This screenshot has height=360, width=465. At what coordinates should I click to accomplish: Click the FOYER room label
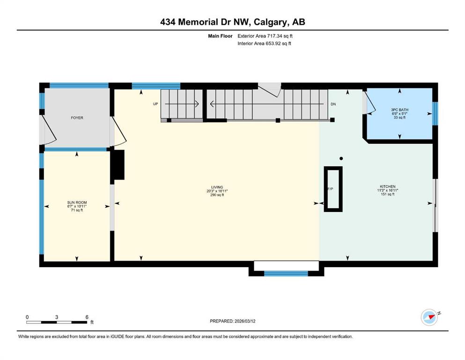pos(77,118)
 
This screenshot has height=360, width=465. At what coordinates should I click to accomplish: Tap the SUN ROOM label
pos(77,202)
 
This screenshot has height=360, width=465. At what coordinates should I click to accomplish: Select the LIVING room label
pos(217,187)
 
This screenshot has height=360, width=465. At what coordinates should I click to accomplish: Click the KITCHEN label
pos(388,187)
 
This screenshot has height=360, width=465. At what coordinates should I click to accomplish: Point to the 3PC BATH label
pos(399,110)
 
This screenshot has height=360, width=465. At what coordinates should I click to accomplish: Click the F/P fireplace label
pos(330,189)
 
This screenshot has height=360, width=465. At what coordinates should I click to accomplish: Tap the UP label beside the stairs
pos(155,104)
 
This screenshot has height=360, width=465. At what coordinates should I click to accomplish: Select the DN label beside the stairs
pos(333,104)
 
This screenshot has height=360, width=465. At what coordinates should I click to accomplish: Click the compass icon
pos(429,317)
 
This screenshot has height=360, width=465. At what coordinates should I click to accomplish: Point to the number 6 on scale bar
pos(87,317)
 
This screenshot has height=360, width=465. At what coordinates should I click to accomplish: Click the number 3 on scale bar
pos(57,317)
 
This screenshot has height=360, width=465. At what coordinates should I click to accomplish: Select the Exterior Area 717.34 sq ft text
pos(265,36)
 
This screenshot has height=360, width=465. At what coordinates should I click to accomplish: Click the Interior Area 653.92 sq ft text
pos(264,43)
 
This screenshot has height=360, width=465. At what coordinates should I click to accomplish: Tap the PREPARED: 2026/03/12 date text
pos(232,321)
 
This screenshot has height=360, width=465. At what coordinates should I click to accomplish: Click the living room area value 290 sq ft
pos(217,195)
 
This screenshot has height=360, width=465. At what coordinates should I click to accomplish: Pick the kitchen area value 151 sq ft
pos(388,194)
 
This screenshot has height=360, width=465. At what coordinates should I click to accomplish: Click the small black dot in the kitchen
pos(341,158)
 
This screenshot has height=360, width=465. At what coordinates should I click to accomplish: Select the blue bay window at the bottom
pos(286,273)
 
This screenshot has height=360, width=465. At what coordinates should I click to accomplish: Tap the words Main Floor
pos(220,36)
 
